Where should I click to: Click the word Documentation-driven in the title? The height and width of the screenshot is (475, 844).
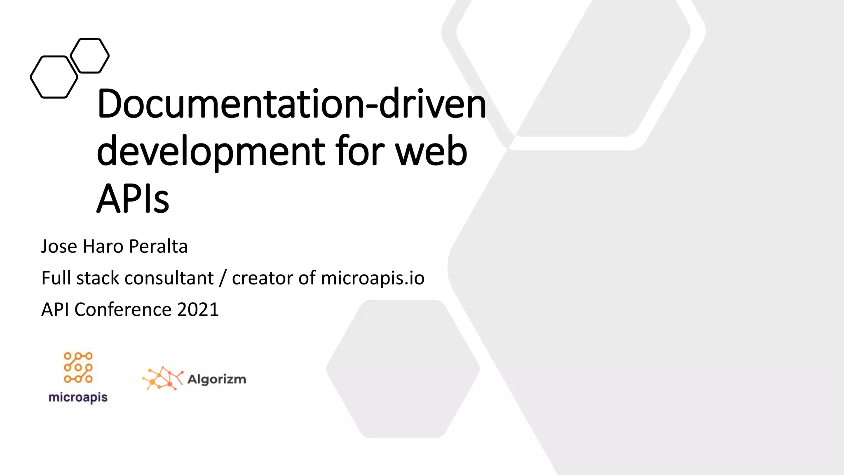pos(291,104)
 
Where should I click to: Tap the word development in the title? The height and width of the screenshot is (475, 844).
pos(211,152)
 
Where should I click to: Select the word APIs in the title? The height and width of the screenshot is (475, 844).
pos(133,199)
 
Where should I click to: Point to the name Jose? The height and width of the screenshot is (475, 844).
pos(59,247)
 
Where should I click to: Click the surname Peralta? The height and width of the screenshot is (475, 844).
pos(158,247)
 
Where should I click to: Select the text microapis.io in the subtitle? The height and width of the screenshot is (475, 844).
pos(373,278)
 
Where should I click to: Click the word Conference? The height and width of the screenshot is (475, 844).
pos(123,310)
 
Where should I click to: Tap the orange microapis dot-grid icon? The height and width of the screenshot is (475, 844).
pos(78,367)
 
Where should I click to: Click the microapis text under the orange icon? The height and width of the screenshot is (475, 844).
pos(78,397)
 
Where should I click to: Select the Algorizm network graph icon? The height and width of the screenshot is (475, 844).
pos(162,378)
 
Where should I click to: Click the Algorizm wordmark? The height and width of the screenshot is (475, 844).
pos(217,379)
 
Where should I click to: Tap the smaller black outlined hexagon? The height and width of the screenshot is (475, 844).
pos(90,56)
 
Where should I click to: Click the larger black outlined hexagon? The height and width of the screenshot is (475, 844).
pos(54,77)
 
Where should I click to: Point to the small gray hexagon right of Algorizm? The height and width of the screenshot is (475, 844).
pos(403,369)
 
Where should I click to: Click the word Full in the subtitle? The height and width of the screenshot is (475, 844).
pos(56,278)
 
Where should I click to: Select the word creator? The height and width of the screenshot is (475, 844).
pos(263,278)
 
